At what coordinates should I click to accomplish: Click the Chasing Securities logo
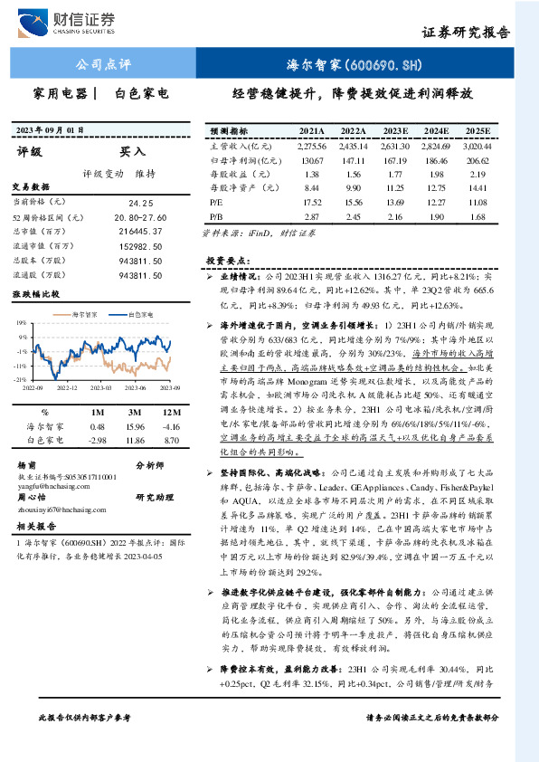pos(71,22)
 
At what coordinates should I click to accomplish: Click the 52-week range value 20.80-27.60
pos(141,218)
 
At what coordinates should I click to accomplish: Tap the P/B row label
pos(217,217)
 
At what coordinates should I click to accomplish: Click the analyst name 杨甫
pos(27,464)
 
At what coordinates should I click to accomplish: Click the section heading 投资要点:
pos(227,259)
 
